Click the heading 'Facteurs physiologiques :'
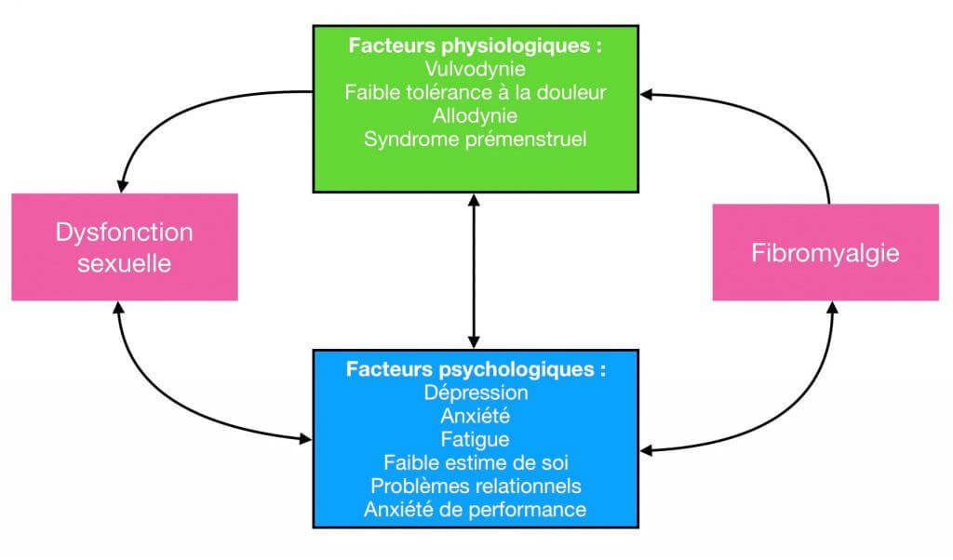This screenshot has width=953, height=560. click(475, 46)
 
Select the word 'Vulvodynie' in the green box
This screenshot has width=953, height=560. click(475, 69)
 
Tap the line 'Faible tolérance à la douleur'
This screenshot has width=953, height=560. click(475, 92)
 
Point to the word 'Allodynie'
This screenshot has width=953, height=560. click(475, 115)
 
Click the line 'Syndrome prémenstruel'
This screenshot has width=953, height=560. click(475, 140)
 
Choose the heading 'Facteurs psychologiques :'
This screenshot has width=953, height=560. click(476, 369)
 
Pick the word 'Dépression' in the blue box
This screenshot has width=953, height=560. click(476, 393)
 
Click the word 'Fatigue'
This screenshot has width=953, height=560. click(476, 439)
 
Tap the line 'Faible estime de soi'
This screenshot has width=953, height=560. click(476, 462)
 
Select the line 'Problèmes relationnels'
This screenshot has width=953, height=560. click(476, 486)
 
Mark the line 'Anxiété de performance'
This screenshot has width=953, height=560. click(476, 510)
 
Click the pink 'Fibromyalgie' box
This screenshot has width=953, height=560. click(825, 252)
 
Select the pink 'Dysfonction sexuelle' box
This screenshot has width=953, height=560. click(124, 247)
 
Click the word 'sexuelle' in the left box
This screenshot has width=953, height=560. click(124, 263)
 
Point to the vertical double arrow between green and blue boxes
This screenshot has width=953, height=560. click(475, 270)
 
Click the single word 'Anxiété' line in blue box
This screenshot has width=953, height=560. click(476, 416)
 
